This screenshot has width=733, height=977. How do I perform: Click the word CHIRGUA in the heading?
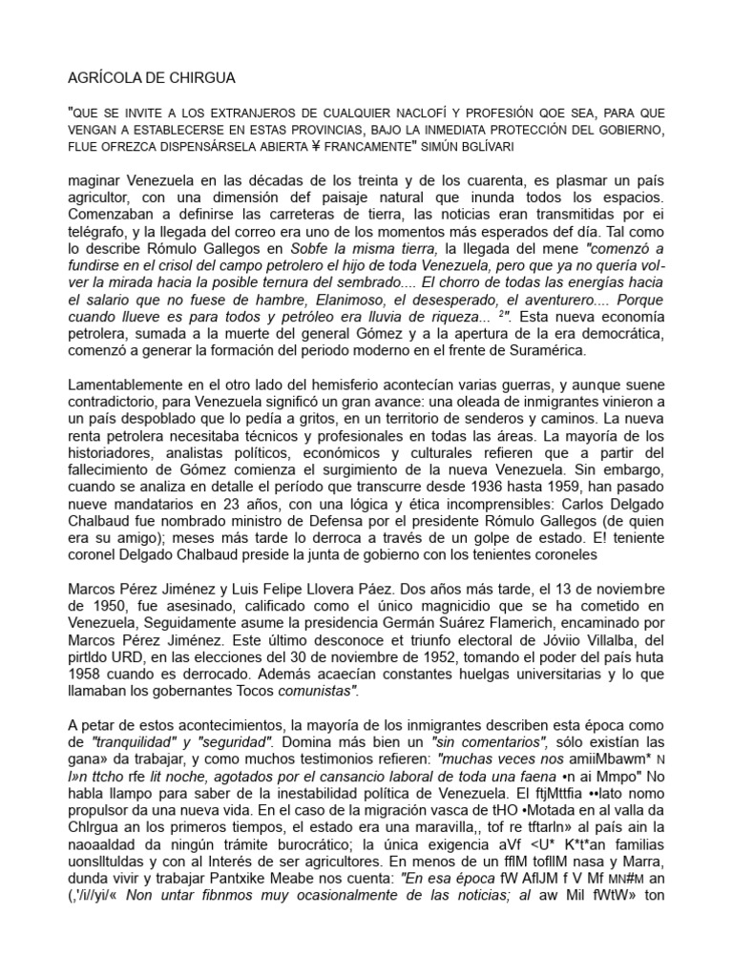click(199, 77)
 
